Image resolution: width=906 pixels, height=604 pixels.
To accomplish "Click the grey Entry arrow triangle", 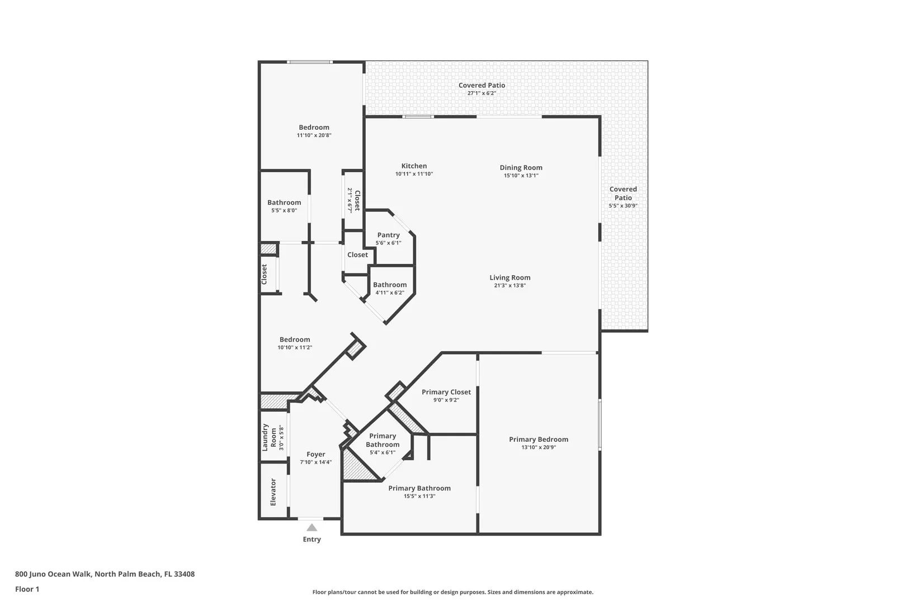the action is tap(312, 527).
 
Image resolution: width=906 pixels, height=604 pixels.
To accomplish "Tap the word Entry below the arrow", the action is tap(312, 539).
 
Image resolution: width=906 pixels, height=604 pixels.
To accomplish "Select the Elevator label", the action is tap(273, 492).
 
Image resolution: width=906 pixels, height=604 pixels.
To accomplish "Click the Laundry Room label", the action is tap(270, 437).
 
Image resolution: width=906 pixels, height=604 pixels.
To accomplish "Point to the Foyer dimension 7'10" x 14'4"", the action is tap(316, 462).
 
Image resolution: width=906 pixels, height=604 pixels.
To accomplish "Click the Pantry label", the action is tap(388, 235).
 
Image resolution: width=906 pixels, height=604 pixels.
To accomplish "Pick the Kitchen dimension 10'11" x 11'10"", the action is tap(414, 174).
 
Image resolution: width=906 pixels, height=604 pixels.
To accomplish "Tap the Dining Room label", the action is tap(521, 167).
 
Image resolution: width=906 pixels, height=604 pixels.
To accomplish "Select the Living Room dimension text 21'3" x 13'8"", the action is tap(510, 285).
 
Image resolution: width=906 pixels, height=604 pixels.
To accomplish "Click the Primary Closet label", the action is tap(446, 392).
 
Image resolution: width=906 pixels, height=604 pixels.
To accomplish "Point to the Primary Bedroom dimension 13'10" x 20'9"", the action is tap(539, 447).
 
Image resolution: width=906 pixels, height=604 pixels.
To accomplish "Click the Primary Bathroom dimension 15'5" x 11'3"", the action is tap(419, 496).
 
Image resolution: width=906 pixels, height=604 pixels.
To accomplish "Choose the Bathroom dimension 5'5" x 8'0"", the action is tap(284, 210).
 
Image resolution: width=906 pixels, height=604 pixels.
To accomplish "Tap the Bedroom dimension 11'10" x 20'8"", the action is tap(314, 135).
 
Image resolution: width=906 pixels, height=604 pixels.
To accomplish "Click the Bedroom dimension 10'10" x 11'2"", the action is tap(295, 347).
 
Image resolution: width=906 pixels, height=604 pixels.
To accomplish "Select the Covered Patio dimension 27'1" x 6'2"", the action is tap(482, 93).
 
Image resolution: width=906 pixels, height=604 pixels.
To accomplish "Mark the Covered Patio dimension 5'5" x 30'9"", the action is tap(623, 205).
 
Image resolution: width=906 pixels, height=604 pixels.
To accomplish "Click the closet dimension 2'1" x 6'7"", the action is tap(350, 200).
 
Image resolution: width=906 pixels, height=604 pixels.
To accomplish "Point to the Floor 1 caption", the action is tap(27, 589).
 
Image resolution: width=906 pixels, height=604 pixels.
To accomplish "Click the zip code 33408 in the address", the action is tap(184, 574).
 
